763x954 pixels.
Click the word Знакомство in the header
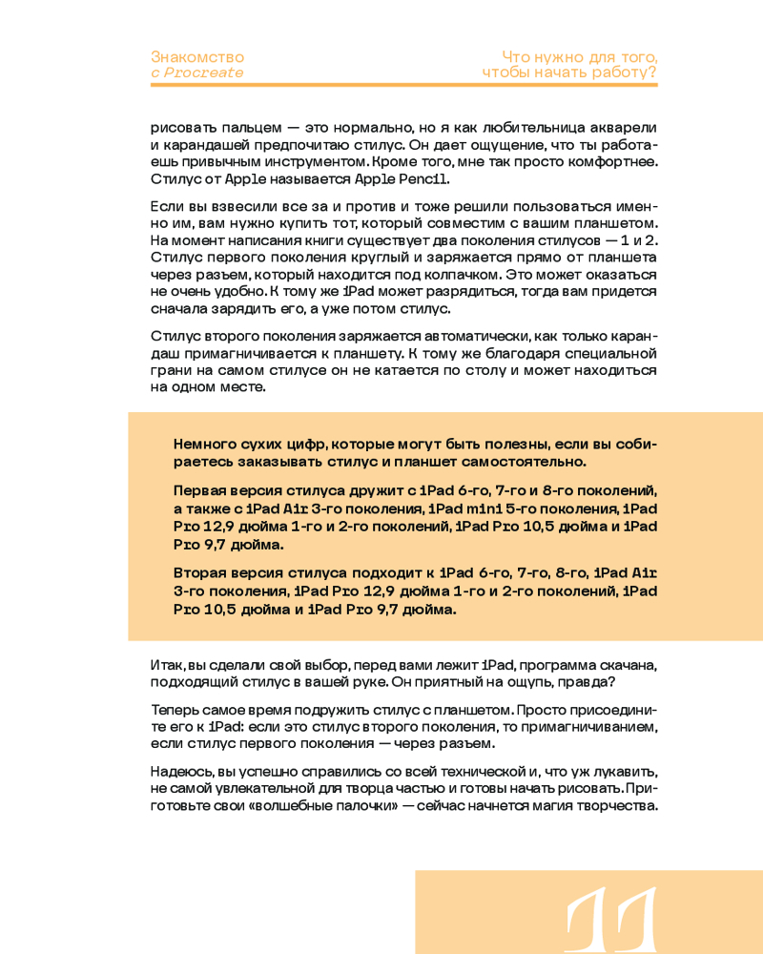coord(197,57)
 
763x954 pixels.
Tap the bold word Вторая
coord(203,573)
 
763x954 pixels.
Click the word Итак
coord(166,664)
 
